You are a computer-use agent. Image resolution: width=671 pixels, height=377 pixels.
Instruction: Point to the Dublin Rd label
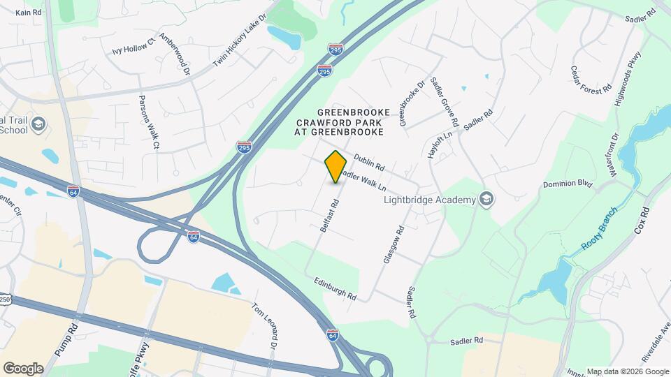[x=370, y=163]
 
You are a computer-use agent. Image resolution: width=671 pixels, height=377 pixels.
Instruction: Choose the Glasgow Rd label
[x=394, y=244]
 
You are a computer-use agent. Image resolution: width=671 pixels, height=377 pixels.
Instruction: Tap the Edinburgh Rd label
[x=335, y=287]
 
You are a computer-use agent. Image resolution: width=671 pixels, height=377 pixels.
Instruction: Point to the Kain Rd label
[x=29, y=13]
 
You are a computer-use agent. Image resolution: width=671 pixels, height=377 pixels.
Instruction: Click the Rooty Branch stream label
[x=599, y=230]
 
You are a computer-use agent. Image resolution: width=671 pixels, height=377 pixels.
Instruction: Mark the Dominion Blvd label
[x=568, y=185]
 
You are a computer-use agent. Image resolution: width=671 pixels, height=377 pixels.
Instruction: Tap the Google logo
[x=23, y=368]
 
